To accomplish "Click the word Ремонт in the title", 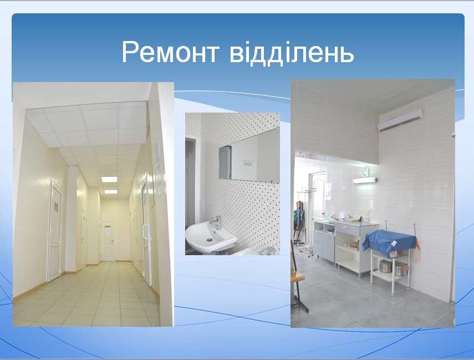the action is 170,52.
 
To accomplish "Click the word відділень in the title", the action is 292,52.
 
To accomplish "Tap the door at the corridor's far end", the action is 108,241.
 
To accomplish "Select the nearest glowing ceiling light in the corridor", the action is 109,179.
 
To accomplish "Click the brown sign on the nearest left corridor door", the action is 56,207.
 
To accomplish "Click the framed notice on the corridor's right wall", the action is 159,166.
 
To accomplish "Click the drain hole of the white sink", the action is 209,240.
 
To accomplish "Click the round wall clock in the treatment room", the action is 365,171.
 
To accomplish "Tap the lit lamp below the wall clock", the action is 365,180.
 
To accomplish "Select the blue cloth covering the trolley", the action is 389,242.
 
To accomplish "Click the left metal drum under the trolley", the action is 385,266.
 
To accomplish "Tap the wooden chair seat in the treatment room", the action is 297,276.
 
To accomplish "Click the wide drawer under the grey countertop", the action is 347,230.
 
